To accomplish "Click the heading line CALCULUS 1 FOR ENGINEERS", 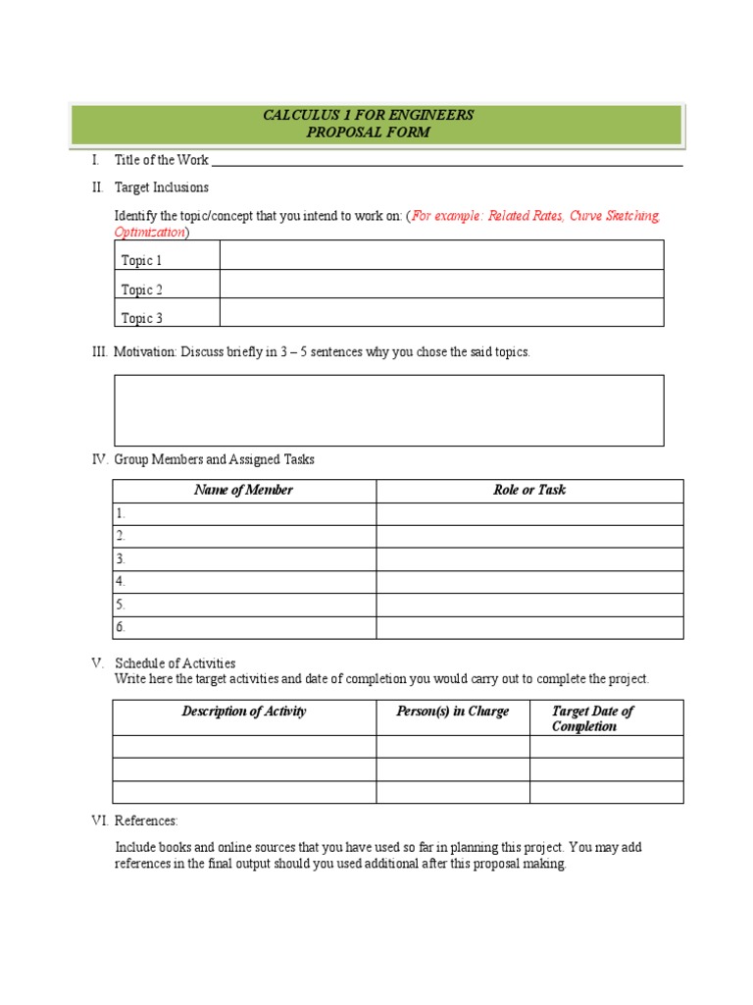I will point(368,115).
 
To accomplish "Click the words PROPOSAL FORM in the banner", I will point(368,132).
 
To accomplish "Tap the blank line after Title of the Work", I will point(447,161).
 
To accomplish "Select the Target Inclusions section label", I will point(161,187).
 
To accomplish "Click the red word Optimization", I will point(149,233).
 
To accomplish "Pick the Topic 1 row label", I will point(142,260).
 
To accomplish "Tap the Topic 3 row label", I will point(142,318).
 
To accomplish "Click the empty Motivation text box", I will point(389,410).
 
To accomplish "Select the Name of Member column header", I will point(243,491).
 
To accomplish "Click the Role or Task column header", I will point(529,491).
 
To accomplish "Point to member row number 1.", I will point(121,514).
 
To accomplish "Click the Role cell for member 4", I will point(529,582).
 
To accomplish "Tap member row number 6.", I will point(121,628).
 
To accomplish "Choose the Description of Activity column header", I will point(243,712).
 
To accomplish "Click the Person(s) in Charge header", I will point(452,712).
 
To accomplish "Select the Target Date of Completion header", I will point(592,718).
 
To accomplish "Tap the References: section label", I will point(146,821).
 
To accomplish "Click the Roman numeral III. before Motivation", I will point(99,352).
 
